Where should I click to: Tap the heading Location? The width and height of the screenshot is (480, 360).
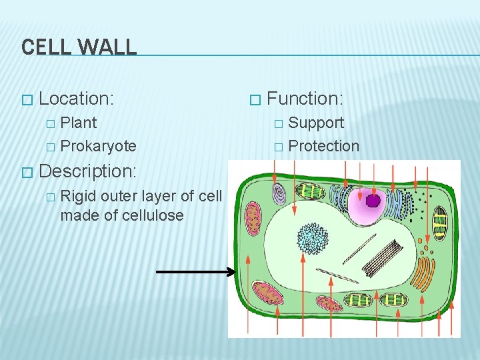[x=77, y=99]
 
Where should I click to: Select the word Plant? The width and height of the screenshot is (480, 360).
[x=79, y=123]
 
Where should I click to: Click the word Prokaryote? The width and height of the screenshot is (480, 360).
[x=98, y=146]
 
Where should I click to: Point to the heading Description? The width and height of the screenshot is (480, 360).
[x=88, y=171]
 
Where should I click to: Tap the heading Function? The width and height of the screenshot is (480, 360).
[x=305, y=99]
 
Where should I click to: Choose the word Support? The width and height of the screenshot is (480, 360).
[x=316, y=123]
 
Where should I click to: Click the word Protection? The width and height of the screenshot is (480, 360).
[x=324, y=146]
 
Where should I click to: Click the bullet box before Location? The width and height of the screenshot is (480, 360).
[x=26, y=100]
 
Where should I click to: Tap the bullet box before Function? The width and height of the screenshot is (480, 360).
[x=253, y=100]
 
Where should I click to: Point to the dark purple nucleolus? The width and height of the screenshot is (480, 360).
[x=373, y=200]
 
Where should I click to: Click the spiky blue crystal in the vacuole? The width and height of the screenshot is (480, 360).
[x=310, y=238]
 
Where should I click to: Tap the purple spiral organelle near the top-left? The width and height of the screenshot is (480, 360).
[x=279, y=193]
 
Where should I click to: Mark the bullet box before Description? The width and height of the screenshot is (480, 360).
[x=26, y=172]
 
